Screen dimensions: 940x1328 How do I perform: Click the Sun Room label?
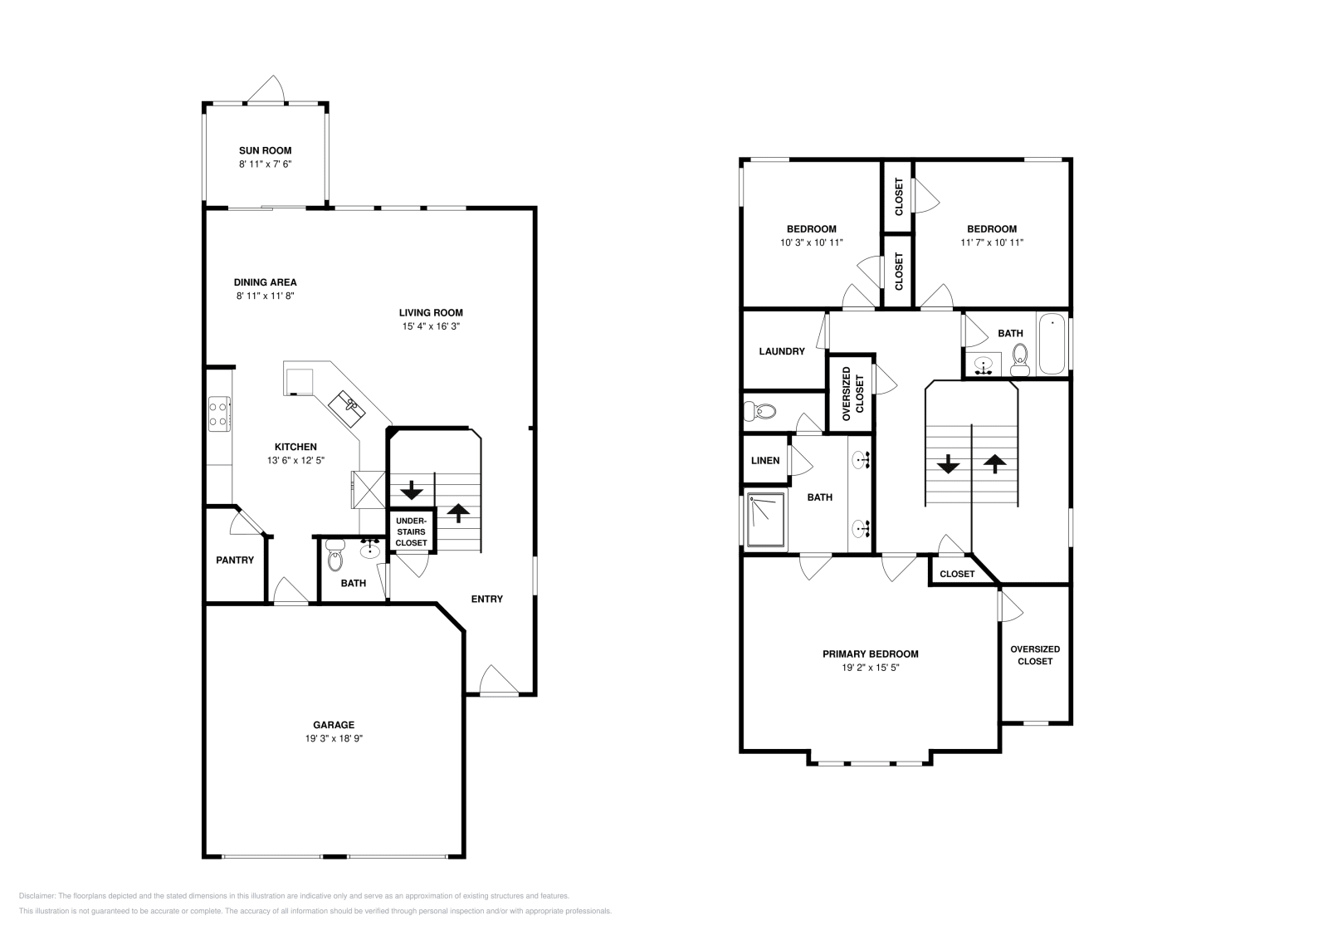click(265, 150)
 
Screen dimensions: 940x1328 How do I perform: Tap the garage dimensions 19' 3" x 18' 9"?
click(333, 738)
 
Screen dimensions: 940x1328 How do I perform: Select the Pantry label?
click(235, 560)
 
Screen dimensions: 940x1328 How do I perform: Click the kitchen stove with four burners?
click(219, 414)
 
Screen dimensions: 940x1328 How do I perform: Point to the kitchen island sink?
click(348, 406)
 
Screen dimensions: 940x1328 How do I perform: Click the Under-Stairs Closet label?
click(411, 531)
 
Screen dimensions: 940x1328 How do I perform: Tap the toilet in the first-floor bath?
click(334, 557)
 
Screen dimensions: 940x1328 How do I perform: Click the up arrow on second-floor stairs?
click(994, 463)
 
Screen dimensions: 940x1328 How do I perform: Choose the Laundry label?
click(782, 351)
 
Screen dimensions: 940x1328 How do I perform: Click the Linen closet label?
click(765, 460)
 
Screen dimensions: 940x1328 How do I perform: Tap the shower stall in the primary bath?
click(765, 521)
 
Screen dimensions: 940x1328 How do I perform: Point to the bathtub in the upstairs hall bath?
click(1052, 344)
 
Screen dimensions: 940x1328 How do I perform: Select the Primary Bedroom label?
click(870, 654)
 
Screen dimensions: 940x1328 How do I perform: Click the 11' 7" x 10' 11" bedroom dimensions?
click(991, 242)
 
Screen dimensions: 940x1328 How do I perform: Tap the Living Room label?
click(431, 312)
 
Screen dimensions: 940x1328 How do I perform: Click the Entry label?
click(486, 599)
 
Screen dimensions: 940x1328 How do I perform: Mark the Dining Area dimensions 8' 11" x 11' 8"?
click(265, 296)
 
